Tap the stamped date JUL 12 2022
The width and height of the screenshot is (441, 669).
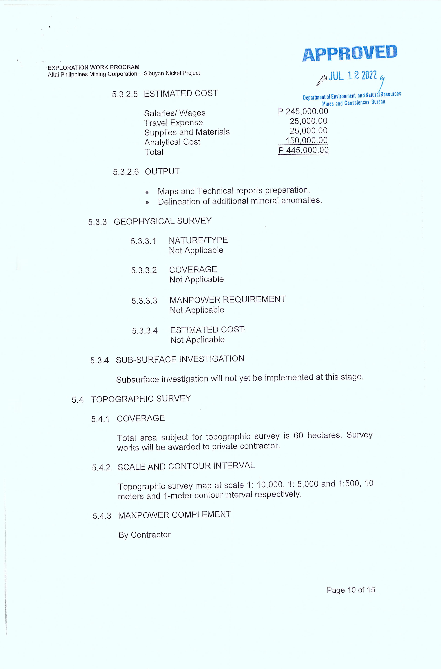[353, 76]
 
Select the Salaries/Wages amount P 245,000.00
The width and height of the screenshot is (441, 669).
[303, 112]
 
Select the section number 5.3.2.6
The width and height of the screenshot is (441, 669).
[126, 172]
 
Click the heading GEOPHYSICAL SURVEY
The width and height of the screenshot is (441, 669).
[162, 221]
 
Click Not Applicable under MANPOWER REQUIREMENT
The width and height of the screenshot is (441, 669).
[197, 310]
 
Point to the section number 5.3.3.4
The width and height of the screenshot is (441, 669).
[145, 331]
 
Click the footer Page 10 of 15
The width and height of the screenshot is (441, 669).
[351, 590]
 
